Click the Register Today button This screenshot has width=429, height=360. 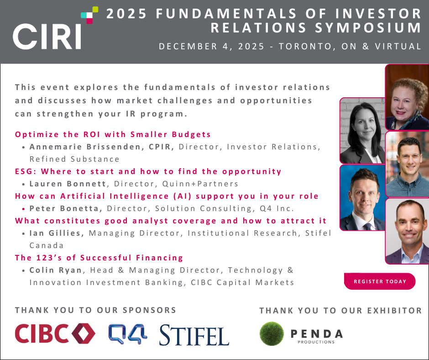tap(379, 281)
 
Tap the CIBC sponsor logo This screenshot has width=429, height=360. tap(55, 333)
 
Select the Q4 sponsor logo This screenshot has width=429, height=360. tap(128, 334)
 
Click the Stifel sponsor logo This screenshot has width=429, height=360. tap(194, 335)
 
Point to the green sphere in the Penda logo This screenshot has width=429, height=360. tap(272, 334)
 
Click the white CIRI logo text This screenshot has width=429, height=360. tap(47, 37)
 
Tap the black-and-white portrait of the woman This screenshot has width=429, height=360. tap(362, 131)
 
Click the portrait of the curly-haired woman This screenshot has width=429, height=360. tap(407, 97)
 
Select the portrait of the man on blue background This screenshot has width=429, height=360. tap(362, 197)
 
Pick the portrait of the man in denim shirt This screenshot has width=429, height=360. tap(407, 164)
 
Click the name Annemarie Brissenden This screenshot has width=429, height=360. tap(85, 147)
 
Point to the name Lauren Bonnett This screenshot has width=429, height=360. tap(68, 184)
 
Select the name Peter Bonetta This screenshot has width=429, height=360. tap(64, 208)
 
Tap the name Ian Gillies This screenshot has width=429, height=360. tap(55, 233)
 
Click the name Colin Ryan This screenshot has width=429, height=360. tap(56, 270)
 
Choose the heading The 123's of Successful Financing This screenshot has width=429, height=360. tap(99, 258)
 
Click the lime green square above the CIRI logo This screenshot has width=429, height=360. tap(95, 10)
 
